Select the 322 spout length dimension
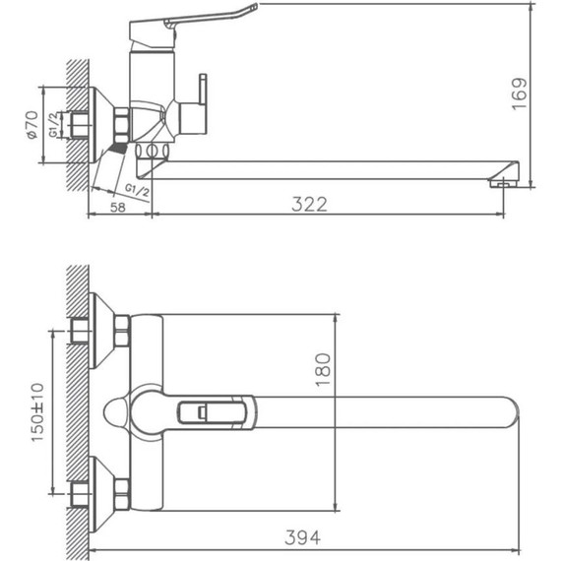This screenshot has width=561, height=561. click(309, 203)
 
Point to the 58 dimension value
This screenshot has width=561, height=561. click(117, 207)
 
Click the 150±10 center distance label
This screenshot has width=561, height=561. click(36, 412)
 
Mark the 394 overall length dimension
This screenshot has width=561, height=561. click(303, 537)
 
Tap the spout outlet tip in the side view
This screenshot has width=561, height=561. click(503, 180)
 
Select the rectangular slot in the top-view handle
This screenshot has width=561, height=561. click(203, 412)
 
